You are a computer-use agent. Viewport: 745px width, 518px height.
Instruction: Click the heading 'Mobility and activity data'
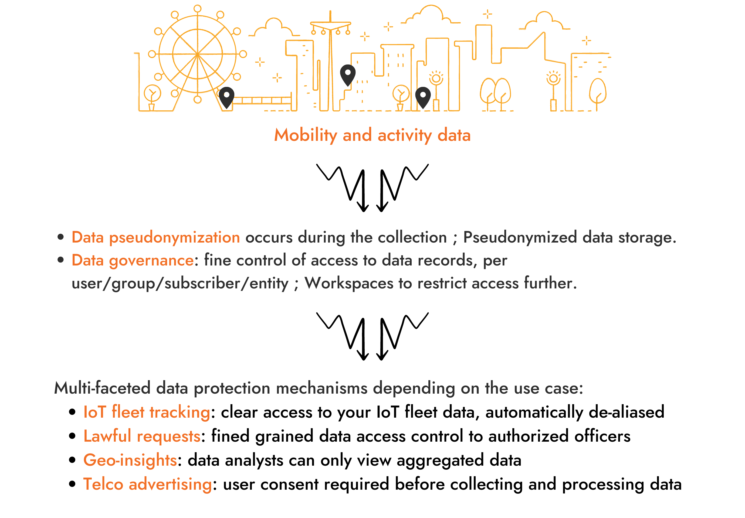(x=372, y=135)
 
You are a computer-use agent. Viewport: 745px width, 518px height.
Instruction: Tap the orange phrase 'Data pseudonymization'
(x=155, y=237)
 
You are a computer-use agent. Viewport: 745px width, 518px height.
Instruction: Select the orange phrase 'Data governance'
(x=133, y=260)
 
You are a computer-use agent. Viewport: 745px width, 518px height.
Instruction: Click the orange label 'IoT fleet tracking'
(x=147, y=412)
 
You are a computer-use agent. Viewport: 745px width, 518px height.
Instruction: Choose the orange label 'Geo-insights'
(x=130, y=460)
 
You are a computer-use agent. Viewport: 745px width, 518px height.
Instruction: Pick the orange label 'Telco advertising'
(x=148, y=484)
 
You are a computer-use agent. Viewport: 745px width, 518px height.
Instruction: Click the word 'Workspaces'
(x=349, y=283)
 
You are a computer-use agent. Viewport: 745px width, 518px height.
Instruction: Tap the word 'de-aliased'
(x=626, y=412)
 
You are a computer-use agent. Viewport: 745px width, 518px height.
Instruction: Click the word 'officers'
(x=602, y=436)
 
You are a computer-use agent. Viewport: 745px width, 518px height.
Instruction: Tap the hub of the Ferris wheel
(x=197, y=54)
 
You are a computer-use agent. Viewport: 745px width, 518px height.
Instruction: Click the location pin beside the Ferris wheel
(x=226, y=97)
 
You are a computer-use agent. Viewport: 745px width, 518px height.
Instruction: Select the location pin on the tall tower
(x=347, y=74)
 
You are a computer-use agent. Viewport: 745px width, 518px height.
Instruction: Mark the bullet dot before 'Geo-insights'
(x=72, y=460)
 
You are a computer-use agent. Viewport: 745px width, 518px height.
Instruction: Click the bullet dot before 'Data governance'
(x=60, y=260)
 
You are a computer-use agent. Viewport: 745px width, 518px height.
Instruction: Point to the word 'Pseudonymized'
(x=520, y=237)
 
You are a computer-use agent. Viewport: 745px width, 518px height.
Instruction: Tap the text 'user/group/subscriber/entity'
(x=180, y=284)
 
